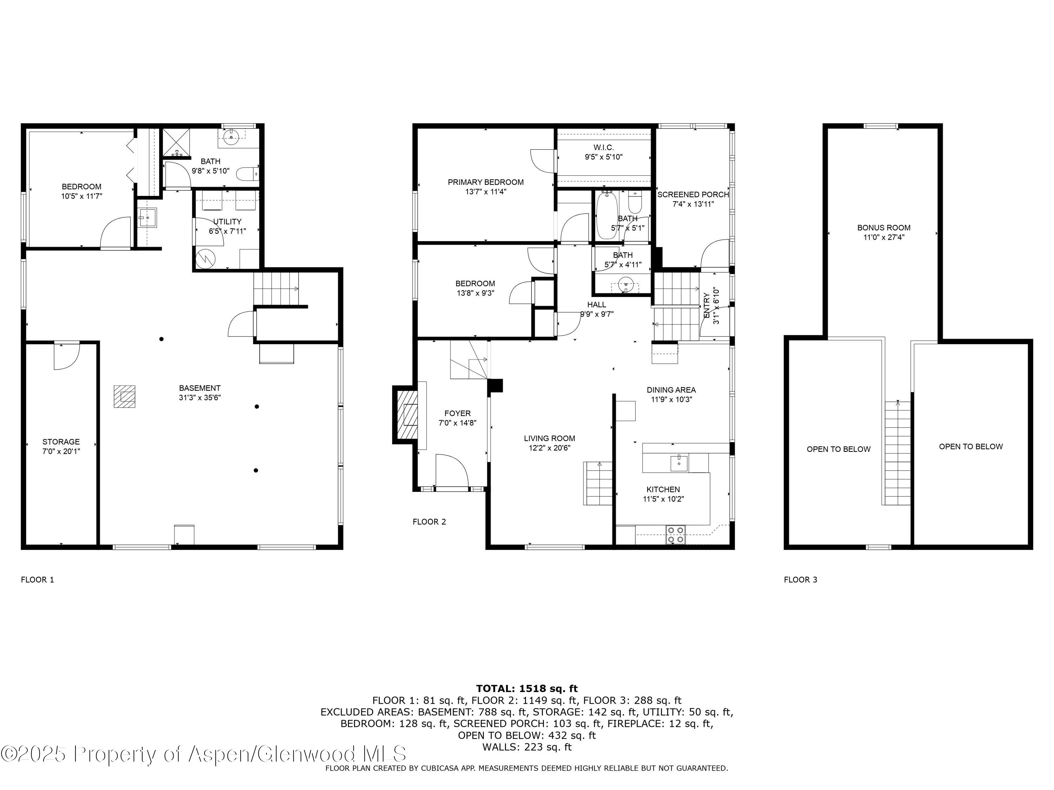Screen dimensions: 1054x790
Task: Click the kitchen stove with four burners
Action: pos(676,534)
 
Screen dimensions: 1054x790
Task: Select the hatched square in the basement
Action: pos(124,396)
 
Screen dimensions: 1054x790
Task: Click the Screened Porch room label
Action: pos(693,199)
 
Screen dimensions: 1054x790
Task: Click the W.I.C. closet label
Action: pos(604,152)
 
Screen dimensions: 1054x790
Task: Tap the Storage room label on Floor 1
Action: pos(61,446)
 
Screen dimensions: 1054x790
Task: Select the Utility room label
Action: pos(227,226)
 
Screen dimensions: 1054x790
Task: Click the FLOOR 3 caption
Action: pos(800,580)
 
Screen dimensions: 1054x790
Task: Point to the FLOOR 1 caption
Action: pos(38,580)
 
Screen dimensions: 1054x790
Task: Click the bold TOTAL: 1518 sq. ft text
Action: pos(527,688)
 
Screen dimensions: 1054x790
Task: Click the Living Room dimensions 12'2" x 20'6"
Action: pos(549,448)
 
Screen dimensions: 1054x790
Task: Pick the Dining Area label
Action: pos(671,390)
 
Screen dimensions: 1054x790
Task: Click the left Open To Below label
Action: pos(839,449)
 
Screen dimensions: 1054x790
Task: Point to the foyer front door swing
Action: pos(452,470)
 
